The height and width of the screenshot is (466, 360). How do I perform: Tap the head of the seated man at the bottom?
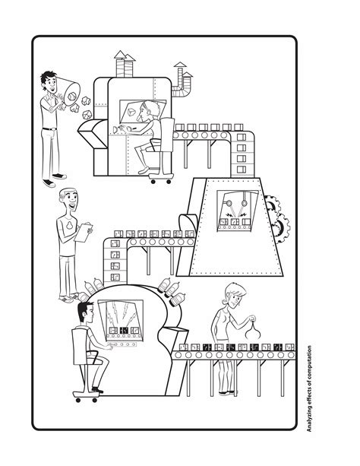83,313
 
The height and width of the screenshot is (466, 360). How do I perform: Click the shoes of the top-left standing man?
52,181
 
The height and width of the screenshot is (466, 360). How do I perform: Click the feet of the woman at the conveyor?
226,392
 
